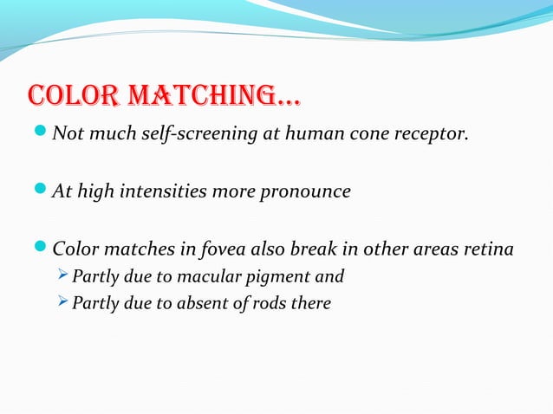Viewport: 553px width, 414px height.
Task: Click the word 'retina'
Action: point(489,249)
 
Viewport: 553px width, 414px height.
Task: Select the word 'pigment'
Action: point(273,277)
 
